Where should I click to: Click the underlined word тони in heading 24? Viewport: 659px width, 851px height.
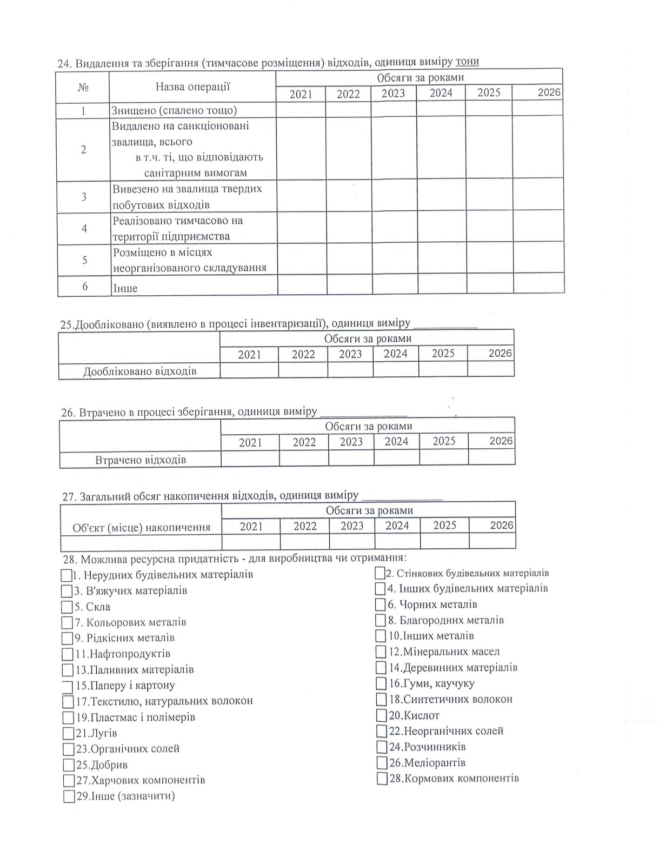tap(467, 61)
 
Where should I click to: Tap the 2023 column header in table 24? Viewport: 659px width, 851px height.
tap(393, 93)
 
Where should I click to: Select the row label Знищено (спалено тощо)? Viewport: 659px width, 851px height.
tap(174, 110)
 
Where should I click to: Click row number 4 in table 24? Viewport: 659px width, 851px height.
tap(84, 228)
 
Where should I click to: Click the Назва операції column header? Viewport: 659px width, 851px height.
tap(192, 87)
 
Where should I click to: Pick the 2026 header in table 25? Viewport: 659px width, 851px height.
tap(500, 353)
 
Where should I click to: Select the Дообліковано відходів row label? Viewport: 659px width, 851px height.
tap(139, 371)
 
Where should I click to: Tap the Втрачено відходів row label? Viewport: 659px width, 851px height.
tap(141, 460)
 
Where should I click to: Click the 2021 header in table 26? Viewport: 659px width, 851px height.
tap(250, 442)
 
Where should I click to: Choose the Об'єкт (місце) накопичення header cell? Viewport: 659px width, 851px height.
tap(141, 527)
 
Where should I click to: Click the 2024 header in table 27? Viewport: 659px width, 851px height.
tap(397, 526)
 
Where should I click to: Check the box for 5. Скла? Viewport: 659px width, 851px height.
tap(67, 607)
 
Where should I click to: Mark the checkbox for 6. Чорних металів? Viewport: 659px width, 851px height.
tap(381, 604)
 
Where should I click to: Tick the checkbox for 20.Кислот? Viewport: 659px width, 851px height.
tap(381, 715)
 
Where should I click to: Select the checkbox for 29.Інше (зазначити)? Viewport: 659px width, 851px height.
tap(69, 796)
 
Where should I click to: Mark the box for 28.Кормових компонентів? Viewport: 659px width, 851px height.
tap(382, 779)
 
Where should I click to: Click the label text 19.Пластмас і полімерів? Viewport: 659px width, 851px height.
tap(135, 717)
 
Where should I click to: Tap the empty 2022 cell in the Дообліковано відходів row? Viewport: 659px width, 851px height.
tap(303, 370)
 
